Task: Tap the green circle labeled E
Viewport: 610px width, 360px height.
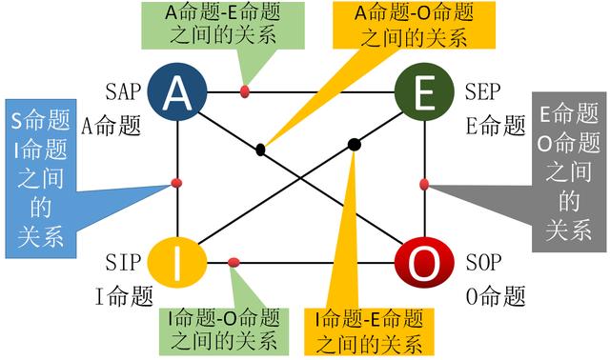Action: click(x=424, y=91)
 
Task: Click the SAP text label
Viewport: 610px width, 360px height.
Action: click(x=124, y=92)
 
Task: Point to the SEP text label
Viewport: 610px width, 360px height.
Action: click(x=482, y=92)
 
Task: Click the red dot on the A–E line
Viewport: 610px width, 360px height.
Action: click(x=245, y=91)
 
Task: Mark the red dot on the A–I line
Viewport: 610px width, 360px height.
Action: click(x=176, y=182)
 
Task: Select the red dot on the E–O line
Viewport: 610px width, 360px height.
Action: click(x=424, y=183)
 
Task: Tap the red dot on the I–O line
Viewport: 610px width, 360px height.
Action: click(x=234, y=262)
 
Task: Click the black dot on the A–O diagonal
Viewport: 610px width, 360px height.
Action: click(x=260, y=149)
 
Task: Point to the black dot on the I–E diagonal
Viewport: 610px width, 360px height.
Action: click(x=354, y=144)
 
